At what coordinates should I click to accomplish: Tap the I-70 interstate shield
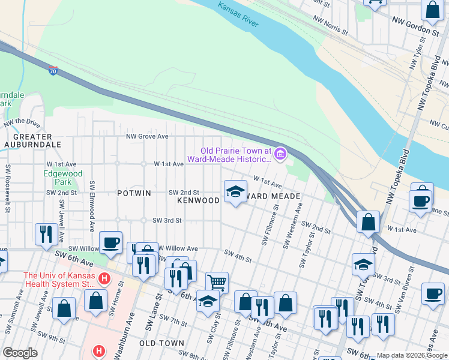(x=53, y=71)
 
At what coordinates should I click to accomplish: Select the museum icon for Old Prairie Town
(x=280, y=155)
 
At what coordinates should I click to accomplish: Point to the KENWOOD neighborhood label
(x=198, y=200)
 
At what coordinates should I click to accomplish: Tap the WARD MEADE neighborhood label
(x=273, y=196)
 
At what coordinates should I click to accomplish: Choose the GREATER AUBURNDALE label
(x=32, y=140)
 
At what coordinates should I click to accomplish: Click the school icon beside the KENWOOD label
(x=235, y=192)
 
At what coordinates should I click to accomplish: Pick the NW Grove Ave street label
(x=147, y=136)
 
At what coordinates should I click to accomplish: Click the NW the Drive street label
(x=21, y=123)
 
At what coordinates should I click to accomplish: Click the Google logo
(x=20, y=353)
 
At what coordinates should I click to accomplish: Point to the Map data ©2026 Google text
(x=411, y=355)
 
